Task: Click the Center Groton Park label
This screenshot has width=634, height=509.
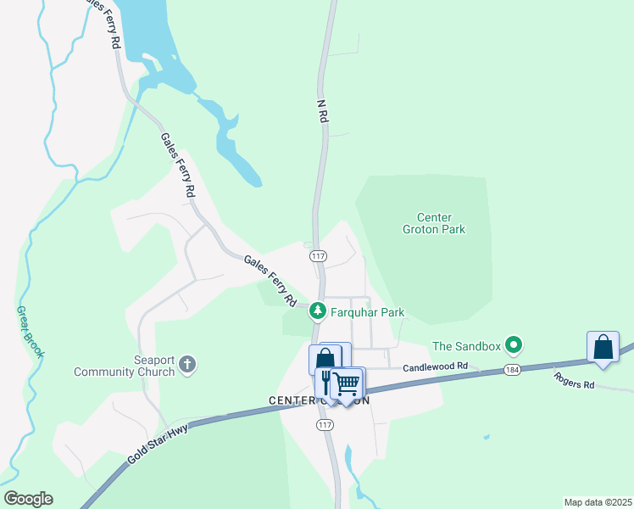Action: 441,223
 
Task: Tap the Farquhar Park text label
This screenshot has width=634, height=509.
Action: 368,312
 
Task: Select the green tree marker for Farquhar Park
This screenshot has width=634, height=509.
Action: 318,311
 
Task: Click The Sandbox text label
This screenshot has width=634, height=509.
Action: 466,346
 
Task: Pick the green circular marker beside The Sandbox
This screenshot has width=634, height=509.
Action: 512,345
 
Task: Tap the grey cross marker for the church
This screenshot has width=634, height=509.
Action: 187,366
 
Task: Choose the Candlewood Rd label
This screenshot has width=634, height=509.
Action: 435,366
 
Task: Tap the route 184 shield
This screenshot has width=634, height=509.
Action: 511,370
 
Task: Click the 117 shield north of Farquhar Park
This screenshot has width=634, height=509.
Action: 319,256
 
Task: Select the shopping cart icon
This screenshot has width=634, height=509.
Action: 347,383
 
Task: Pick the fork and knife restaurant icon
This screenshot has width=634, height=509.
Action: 325,383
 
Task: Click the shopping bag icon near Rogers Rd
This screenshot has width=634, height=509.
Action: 603,347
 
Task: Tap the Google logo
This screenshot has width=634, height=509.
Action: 28,499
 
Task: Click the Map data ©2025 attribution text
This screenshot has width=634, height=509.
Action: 598,502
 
